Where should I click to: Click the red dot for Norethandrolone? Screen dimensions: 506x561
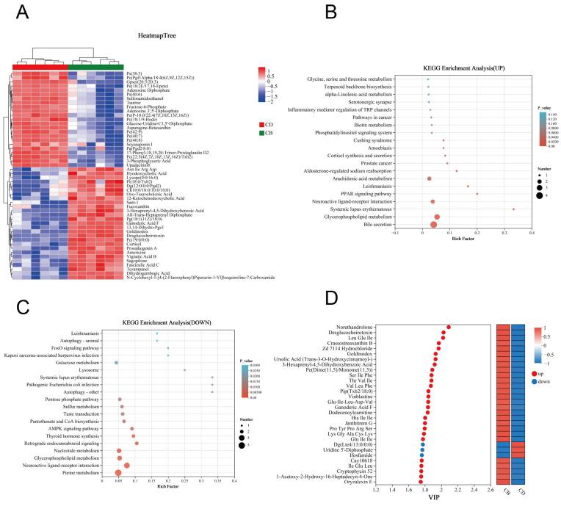449,327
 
